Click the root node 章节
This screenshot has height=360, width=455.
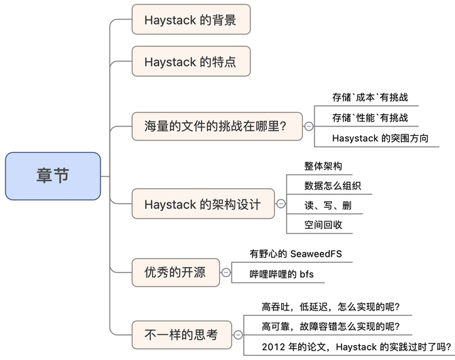52,176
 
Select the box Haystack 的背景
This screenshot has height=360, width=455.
191,20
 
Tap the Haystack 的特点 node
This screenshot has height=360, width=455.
191,62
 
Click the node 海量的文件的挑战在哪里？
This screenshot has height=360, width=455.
217,126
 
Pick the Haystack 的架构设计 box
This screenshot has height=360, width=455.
202,204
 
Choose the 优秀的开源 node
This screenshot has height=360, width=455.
175,273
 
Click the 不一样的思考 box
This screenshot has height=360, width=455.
181,334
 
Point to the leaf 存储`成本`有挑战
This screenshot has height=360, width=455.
370,97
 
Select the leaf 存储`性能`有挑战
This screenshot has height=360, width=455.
370,118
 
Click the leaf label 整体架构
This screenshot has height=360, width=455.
323,166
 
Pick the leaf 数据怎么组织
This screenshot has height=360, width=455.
333,185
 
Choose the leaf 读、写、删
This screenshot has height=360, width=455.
328,205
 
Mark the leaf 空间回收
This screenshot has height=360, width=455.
323,225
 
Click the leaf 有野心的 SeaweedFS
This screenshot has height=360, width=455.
296,254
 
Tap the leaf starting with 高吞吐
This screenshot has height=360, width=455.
331,307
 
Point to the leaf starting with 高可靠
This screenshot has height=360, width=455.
335,327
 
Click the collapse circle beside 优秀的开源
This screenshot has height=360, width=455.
226,273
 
